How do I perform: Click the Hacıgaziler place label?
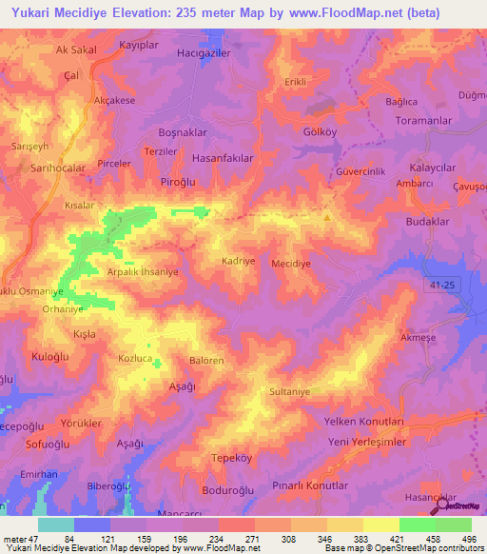click(205, 54)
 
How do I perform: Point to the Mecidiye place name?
click(292, 264)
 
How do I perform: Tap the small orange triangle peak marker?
click(328, 216)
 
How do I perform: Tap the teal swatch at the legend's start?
click(56, 524)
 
